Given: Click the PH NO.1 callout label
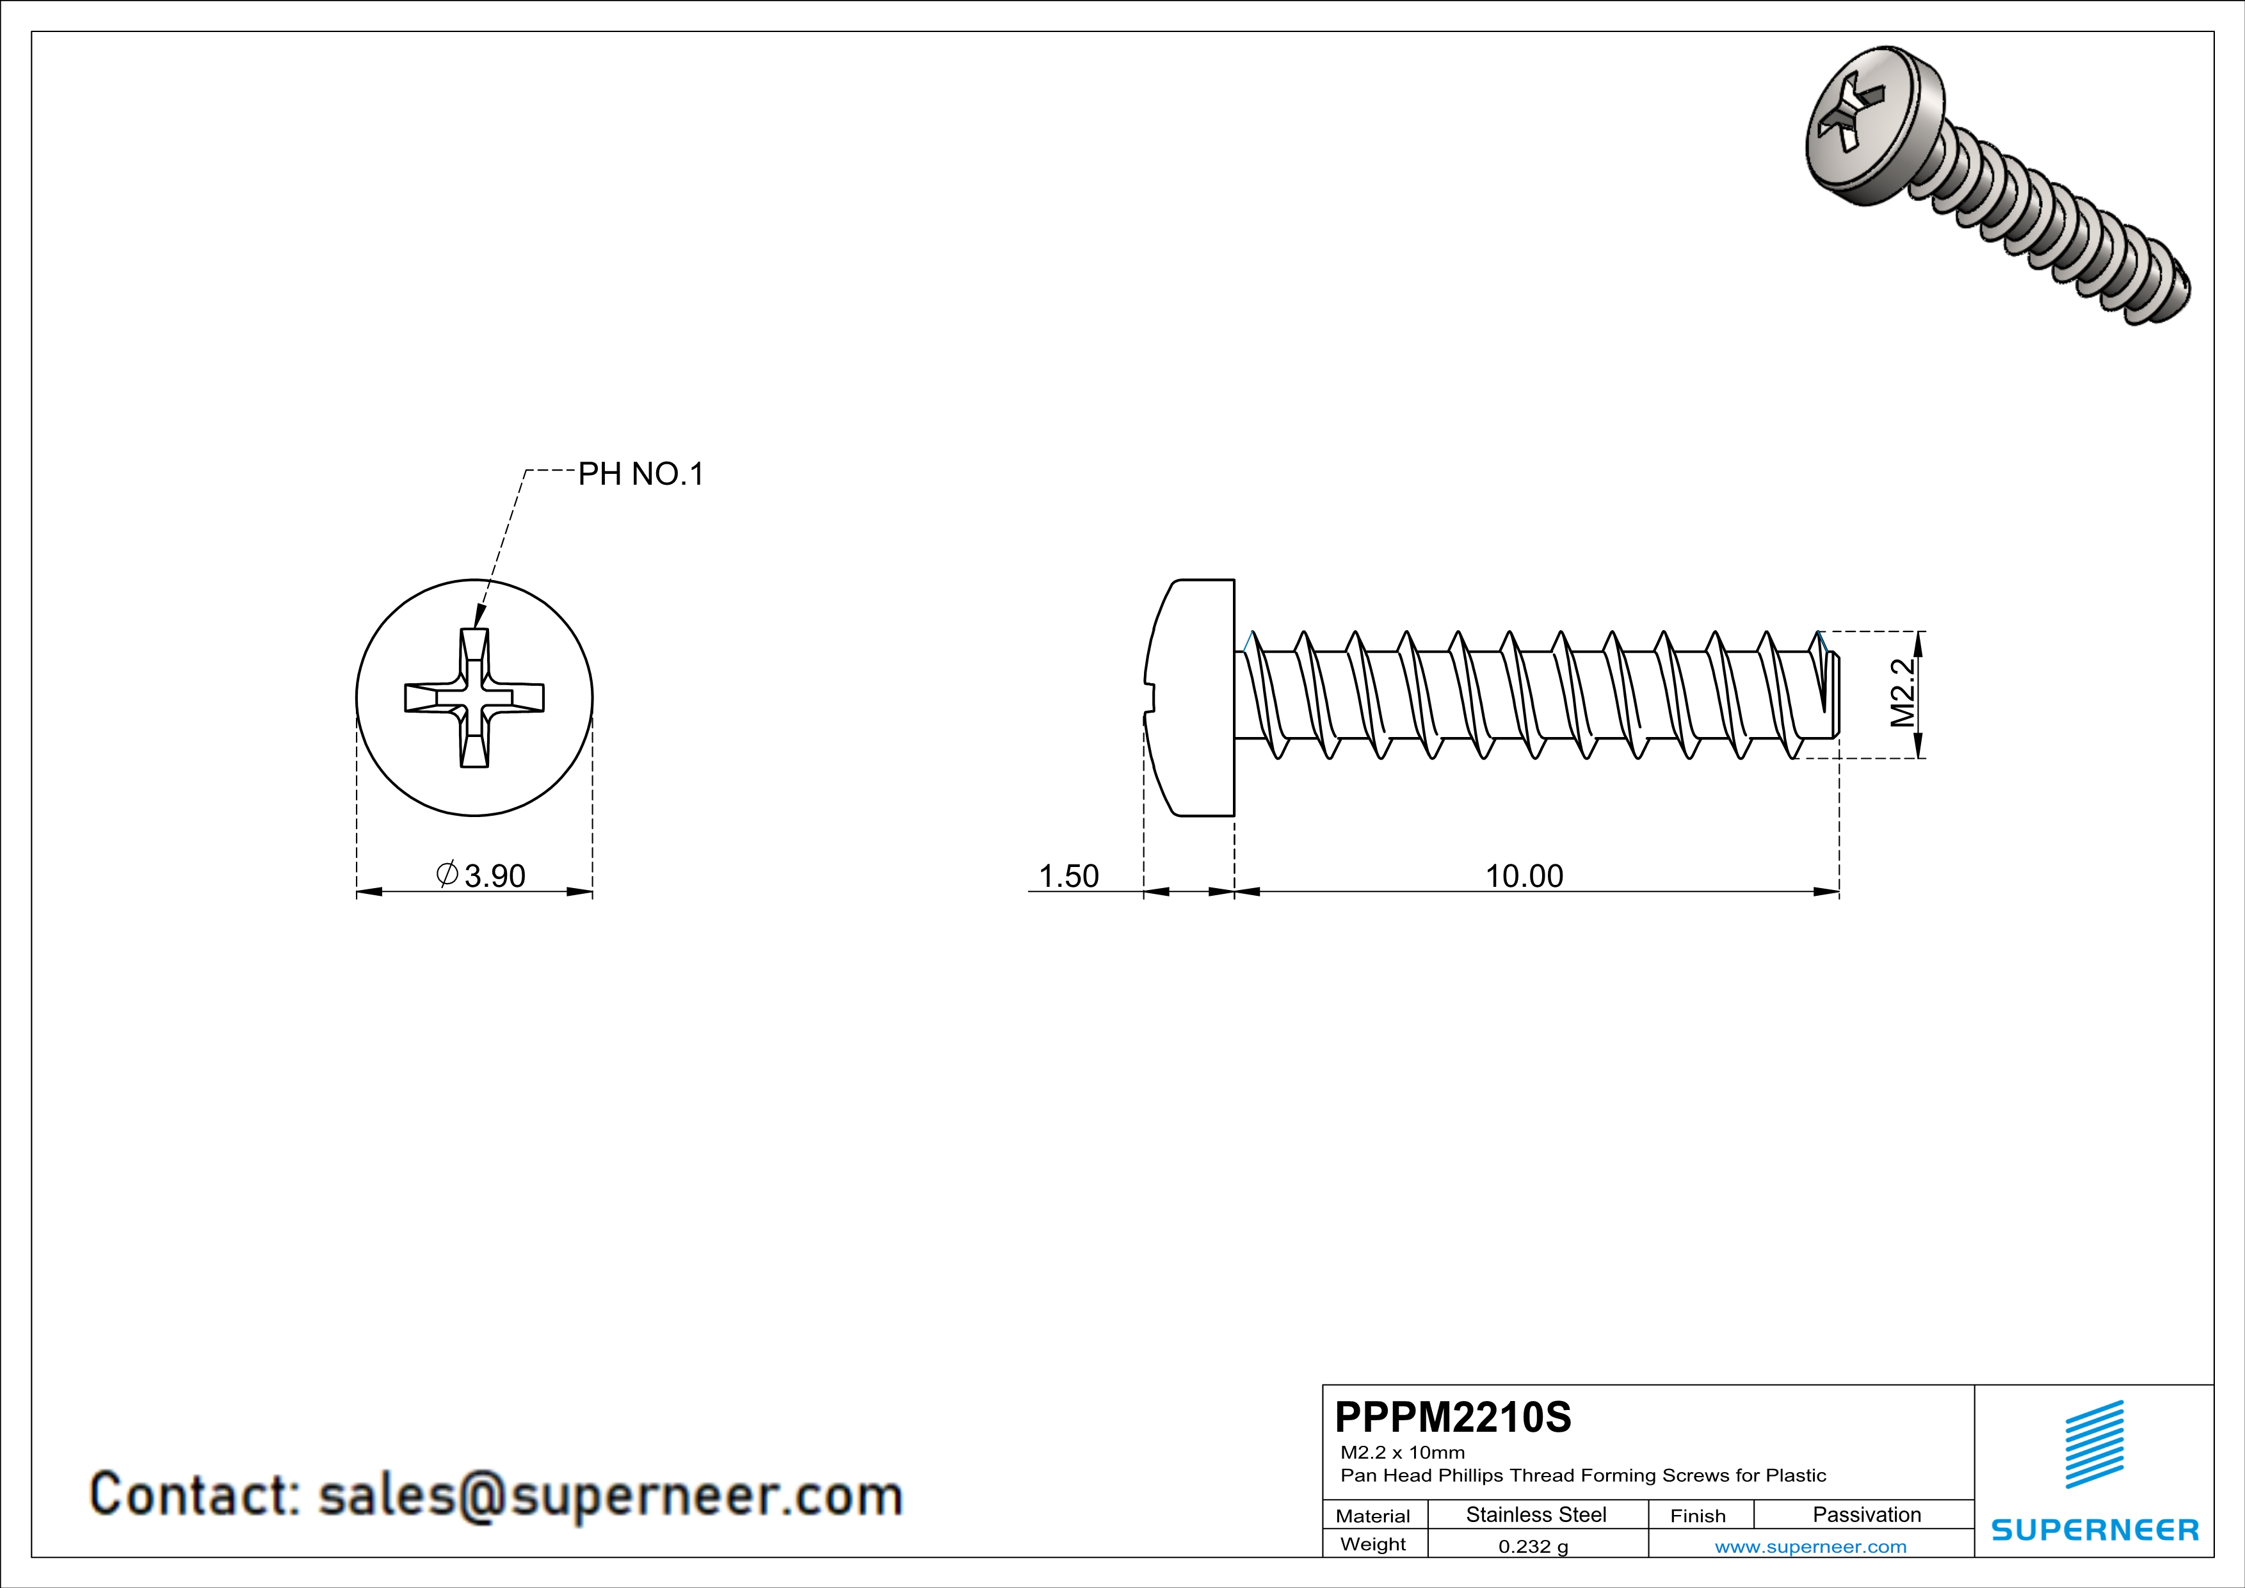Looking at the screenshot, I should click(x=640, y=474).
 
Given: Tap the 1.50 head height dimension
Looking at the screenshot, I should click(x=1068, y=875).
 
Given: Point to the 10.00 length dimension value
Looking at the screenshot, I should click(x=1524, y=875).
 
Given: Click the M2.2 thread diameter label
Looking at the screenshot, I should click(x=1903, y=693).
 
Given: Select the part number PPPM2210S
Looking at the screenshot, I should click(x=1452, y=1417).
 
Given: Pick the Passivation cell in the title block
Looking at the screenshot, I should click(x=1865, y=1514).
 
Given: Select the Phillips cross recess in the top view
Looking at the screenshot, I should click(x=474, y=697).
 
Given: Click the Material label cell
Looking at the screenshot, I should click(x=1373, y=1516).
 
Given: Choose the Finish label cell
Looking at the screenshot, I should click(x=1698, y=1516).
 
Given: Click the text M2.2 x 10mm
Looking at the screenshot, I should click(x=1402, y=1452).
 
